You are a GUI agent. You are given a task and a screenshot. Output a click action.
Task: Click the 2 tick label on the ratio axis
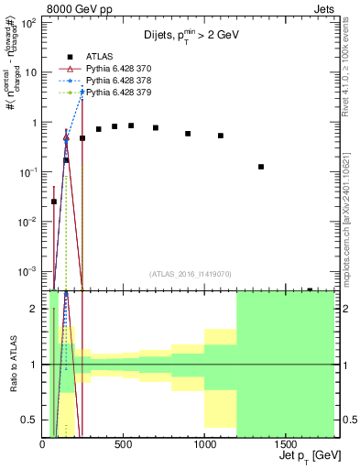click(35, 309)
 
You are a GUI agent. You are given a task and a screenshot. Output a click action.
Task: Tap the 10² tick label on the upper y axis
click(28, 23)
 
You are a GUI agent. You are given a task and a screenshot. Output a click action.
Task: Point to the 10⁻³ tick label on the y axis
click(28, 271)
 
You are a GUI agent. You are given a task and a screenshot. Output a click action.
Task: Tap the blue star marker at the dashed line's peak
click(82, 92)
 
